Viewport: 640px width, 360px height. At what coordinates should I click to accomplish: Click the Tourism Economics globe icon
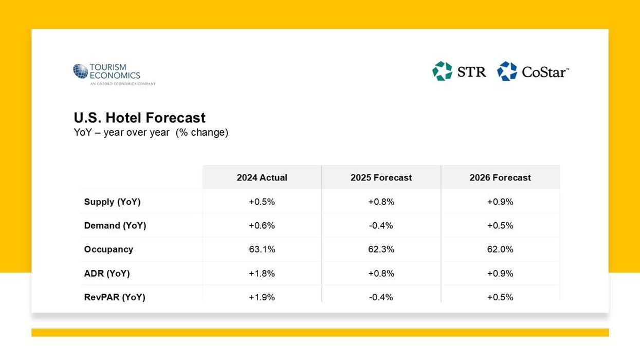[80, 71]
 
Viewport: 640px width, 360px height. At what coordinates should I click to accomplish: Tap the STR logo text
[471, 71]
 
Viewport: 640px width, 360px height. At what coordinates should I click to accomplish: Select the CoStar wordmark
[545, 72]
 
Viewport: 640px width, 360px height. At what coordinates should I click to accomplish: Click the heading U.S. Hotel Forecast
[139, 118]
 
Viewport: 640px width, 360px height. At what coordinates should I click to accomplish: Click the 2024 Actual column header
[262, 177]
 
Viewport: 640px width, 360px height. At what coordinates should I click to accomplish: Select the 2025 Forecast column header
[381, 177]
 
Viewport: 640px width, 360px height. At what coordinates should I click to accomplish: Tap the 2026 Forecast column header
[500, 177]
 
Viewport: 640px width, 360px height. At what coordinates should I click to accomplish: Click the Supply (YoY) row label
[112, 202]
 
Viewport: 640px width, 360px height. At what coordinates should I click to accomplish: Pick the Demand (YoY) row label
[115, 225]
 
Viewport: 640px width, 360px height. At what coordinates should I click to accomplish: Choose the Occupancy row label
[108, 249]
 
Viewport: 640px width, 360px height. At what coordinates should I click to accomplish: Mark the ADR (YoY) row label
[106, 274]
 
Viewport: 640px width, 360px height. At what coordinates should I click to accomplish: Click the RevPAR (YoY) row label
[114, 297]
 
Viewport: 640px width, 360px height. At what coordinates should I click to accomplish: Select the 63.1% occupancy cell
[262, 249]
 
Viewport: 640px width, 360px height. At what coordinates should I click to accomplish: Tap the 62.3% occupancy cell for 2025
[381, 249]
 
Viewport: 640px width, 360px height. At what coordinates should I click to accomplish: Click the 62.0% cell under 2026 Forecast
[500, 249]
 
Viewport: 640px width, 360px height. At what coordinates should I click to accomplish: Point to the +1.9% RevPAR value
[262, 297]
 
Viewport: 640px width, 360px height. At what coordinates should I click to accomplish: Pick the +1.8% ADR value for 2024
[262, 274]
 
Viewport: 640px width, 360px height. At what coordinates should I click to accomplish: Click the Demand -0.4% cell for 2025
[381, 225]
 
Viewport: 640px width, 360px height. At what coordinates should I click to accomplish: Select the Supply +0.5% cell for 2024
[262, 202]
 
